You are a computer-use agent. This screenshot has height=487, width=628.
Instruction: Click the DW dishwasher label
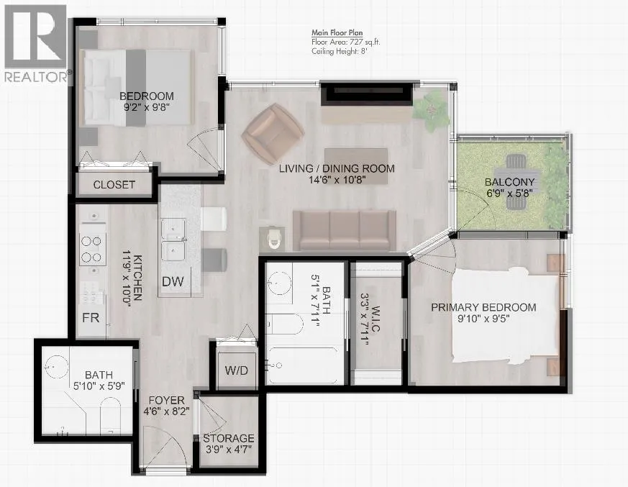point(173,281)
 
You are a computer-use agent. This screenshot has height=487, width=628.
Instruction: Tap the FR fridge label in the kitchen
point(91,317)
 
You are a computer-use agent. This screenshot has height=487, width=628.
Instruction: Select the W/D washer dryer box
point(236,370)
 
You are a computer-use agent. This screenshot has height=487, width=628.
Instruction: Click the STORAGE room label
point(229,439)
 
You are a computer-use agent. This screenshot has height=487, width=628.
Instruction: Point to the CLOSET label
point(114,185)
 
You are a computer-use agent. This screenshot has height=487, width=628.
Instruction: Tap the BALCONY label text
point(509,182)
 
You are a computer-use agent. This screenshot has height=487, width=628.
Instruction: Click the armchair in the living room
point(273,134)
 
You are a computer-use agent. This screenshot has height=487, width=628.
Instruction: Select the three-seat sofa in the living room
point(345,231)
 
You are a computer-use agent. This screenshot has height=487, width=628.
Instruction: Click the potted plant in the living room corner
point(431,109)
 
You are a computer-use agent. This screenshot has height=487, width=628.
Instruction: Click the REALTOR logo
point(36,43)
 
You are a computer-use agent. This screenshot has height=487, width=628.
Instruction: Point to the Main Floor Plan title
point(337,33)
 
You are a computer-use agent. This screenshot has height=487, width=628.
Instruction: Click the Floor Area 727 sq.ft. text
point(346,42)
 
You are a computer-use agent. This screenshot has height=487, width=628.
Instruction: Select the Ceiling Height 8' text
point(340,51)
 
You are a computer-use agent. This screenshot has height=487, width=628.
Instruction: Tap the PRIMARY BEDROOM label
point(483,307)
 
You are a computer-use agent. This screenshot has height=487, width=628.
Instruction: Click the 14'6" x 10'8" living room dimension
point(337,180)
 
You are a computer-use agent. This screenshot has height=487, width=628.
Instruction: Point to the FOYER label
point(167,400)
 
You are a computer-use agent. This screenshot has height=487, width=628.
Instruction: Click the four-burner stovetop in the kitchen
point(92,249)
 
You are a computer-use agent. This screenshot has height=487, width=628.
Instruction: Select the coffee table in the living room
point(356,166)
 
